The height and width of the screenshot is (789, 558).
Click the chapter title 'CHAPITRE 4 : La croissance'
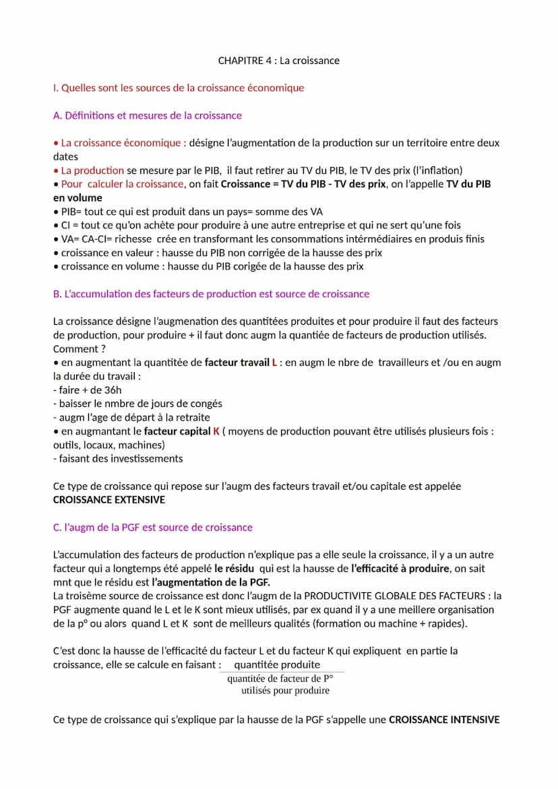point(278,61)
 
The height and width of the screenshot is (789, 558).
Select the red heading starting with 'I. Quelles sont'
point(179,88)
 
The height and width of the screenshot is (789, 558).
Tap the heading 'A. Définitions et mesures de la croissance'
point(147,115)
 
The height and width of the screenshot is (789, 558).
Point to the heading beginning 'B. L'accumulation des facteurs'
point(211,294)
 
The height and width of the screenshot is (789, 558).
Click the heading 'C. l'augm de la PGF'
point(152,528)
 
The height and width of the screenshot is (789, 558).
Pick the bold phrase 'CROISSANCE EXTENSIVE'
point(108,500)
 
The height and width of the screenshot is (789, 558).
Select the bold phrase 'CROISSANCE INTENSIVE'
point(444,720)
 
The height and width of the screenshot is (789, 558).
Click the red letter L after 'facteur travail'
point(274,362)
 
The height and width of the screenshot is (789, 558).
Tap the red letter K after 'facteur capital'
point(216,431)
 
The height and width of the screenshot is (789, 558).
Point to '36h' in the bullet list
point(113,390)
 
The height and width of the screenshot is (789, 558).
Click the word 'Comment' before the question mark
point(75,349)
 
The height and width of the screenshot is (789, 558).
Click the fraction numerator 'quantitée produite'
point(277,665)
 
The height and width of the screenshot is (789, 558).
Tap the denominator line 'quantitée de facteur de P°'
point(280,678)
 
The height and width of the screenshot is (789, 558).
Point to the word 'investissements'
point(146,459)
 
